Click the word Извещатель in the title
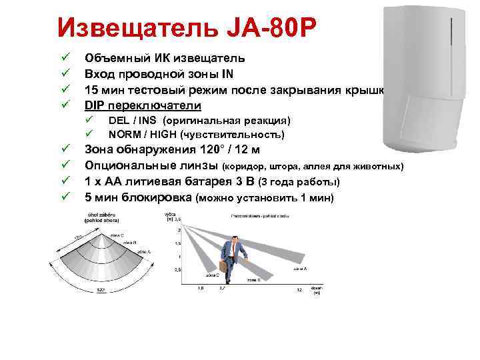[x=133, y=28]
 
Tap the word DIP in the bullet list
[x=95, y=105]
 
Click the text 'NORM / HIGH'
[x=137, y=134]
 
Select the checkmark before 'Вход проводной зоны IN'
[x=65, y=73]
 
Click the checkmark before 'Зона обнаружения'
[x=65, y=149]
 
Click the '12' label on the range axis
[x=299, y=289]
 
